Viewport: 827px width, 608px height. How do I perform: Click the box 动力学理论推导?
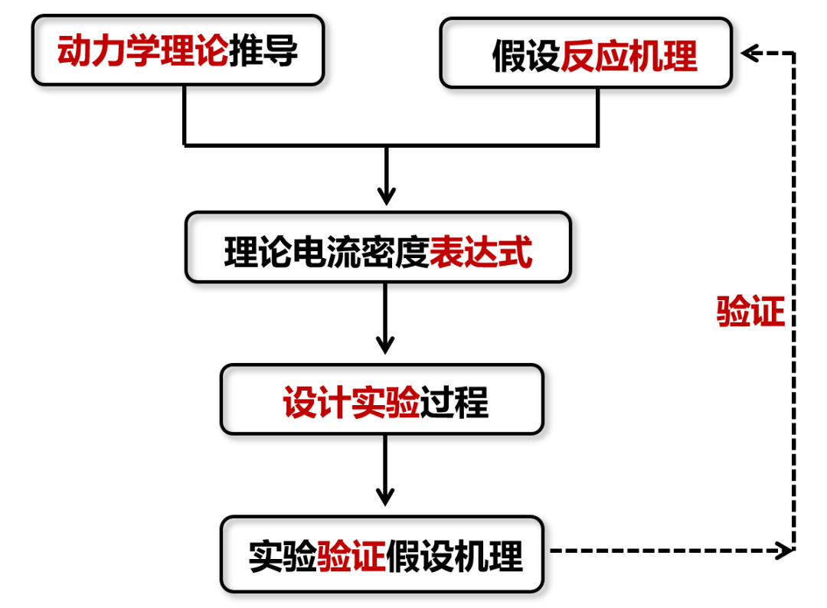point(178,51)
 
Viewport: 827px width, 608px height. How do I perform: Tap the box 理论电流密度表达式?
point(378,248)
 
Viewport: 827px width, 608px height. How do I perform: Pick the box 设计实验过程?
point(382,400)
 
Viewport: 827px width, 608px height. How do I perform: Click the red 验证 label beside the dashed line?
point(750,312)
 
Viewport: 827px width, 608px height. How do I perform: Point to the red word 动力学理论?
point(142,51)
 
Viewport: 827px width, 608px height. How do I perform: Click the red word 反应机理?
point(629,56)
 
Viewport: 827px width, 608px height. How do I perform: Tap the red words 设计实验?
point(351,400)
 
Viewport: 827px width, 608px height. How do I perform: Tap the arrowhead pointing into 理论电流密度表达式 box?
point(387,195)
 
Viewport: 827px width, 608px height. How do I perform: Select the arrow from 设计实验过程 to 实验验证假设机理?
point(387,472)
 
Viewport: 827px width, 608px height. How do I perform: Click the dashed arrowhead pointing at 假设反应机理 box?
point(750,53)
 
